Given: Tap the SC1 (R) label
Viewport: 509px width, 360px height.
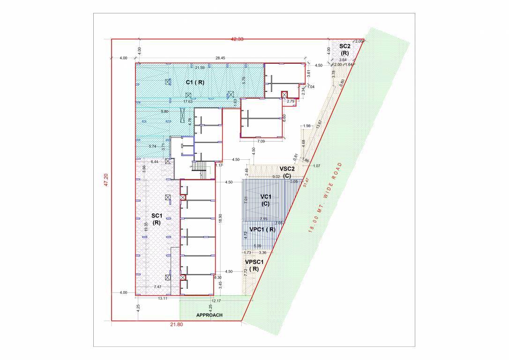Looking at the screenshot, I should (x=157, y=219).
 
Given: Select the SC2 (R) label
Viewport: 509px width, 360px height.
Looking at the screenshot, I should (x=344, y=50).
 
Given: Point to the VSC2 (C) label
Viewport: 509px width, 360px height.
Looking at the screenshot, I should (x=287, y=172).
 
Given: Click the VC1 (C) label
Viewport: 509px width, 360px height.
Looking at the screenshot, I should (x=266, y=200).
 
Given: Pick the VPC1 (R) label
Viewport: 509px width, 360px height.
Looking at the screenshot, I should (x=262, y=230).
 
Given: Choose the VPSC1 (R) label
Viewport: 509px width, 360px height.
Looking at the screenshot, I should (x=254, y=265).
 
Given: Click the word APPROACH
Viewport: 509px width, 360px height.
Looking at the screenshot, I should (x=210, y=315).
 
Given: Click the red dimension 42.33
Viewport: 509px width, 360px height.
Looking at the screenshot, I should (x=237, y=39).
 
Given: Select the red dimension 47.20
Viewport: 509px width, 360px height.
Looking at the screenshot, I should (x=106, y=180).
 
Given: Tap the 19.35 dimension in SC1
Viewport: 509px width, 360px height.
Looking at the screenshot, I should (x=146, y=227).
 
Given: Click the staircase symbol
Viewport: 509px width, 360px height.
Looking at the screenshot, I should (x=200, y=169).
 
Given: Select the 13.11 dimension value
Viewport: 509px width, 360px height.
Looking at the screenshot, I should (x=162, y=298).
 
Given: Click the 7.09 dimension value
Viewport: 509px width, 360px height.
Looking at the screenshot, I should (x=261, y=141).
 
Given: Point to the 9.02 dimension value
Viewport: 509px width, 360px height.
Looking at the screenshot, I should (x=277, y=177).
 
